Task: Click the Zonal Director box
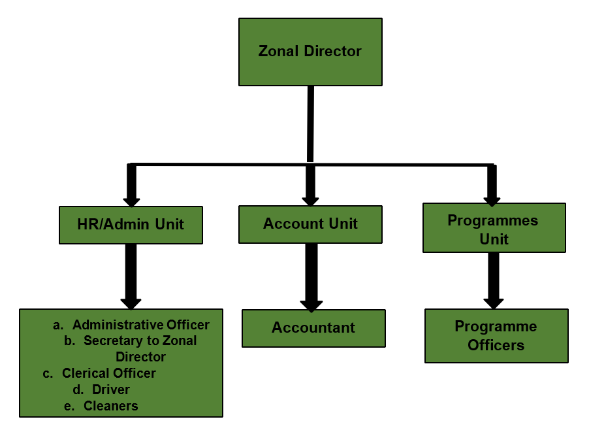pyautogui.click(x=310, y=52)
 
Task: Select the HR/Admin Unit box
pyautogui.click(x=131, y=225)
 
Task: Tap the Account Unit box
pyautogui.click(x=310, y=224)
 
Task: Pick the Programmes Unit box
pyautogui.click(x=494, y=228)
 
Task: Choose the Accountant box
pyautogui.click(x=313, y=328)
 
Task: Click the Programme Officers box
pyautogui.click(x=496, y=336)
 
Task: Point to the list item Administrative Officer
pyautogui.click(x=140, y=325)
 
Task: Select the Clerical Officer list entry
pyautogui.click(x=108, y=373)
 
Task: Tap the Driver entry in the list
pyautogui.click(x=110, y=390)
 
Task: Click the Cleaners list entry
pyautogui.click(x=110, y=406)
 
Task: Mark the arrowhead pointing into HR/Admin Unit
pyautogui.click(x=131, y=199)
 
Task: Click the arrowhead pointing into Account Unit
pyautogui.click(x=310, y=199)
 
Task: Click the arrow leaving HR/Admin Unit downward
pyautogui.click(x=131, y=274)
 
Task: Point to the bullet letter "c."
pyautogui.click(x=48, y=374)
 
